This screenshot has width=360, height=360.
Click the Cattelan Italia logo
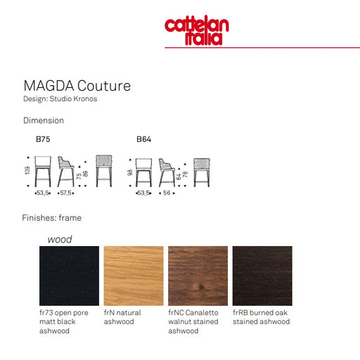pyautogui.click(x=197, y=30)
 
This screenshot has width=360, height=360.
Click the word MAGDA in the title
pyautogui.click(x=49, y=86)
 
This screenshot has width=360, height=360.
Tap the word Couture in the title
pyautogui.click(x=104, y=86)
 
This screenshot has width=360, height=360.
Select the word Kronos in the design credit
pyautogui.click(x=85, y=98)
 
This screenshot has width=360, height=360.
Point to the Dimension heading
pyautogui.click(x=44, y=120)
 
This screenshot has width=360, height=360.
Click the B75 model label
pyautogui.click(x=43, y=139)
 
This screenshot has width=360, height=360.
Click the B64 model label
pyautogui.click(x=143, y=139)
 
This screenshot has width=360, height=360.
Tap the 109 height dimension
pyautogui.click(x=27, y=170)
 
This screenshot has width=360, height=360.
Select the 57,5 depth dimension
pyautogui.click(x=66, y=193)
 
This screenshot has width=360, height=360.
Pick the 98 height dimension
pyautogui.click(x=129, y=172)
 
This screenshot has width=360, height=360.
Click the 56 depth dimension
pyautogui.click(x=167, y=193)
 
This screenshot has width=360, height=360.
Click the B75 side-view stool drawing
pyautogui.click(x=65, y=172)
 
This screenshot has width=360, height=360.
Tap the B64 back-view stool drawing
pyautogui.click(x=202, y=172)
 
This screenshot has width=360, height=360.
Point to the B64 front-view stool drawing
pyautogui.click(x=143, y=172)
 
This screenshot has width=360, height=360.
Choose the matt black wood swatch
pyautogui.click(x=69, y=276)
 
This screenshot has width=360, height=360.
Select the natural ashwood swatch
pyautogui.click(x=134, y=276)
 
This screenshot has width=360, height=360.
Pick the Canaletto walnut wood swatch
pyautogui.click(x=198, y=276)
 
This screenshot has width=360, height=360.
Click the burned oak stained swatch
pyautogui.click(x=262, y=276)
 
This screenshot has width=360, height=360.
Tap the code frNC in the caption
pyautogui.click(x=176, y=313)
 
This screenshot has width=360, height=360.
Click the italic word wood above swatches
pyautogui.click(x=60, y=240)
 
